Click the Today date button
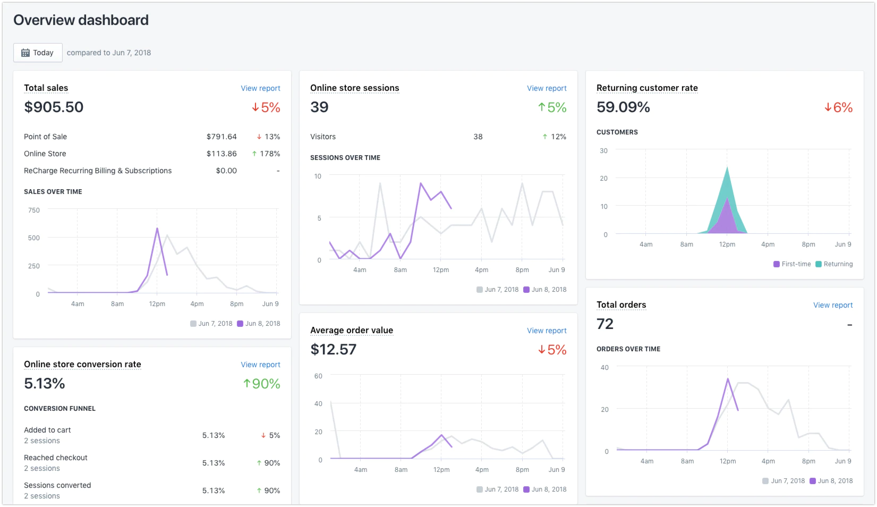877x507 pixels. pyautogui.click(x=38, y=53)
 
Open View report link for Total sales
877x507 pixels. pyautogui.click(x=260, y=88)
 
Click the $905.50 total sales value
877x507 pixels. pyautogui.click(x=54, y=107)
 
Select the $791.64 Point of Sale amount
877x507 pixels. pyautogui.click(x=222, y=137)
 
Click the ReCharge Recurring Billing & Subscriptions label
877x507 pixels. pyautogui.click(x=98, y=171)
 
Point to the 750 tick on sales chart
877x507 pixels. pyautogui.click(x=34, y=210)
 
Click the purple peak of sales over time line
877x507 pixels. pyautogui.click(x=157, y=229)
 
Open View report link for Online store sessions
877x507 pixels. pyautogui.click(x=547, y=88)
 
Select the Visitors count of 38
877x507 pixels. pyautogui.click(x=478, y=137)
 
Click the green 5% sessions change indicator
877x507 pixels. pyautogui.click(x=552, y=107)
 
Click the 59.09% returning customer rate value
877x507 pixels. pyautogui.click(x=623, y=107)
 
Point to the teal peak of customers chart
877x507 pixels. pyautogui.click(x=727, y=168)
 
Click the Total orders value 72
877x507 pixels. pyautogui.click(x=605, y=324)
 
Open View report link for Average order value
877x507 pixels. pyautogui.click(x=547, y=331)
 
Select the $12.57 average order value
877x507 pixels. pyautogui.click(x=333, y=349)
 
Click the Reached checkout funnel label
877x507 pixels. pyautogui.click(x=56, y=458)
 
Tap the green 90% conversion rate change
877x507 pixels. pyautogui.click(x=262, y=384)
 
